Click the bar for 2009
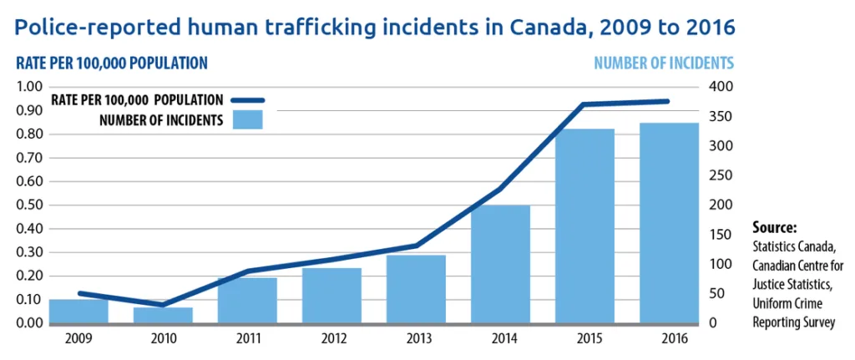tap(78, 311)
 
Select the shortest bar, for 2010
tap(163, 315)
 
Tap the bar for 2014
tap(500, 264)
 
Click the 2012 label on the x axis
tap(331, 338)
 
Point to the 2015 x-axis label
tap(584, 338)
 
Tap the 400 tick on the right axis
tap(720, 87)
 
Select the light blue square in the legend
tap(248, 119)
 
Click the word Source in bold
tap(775, 227)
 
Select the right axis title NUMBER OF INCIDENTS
tap(664, 63)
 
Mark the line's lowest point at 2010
tap(163, 305)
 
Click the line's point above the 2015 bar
tap(584, 104)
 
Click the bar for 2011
tap(247, 301)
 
